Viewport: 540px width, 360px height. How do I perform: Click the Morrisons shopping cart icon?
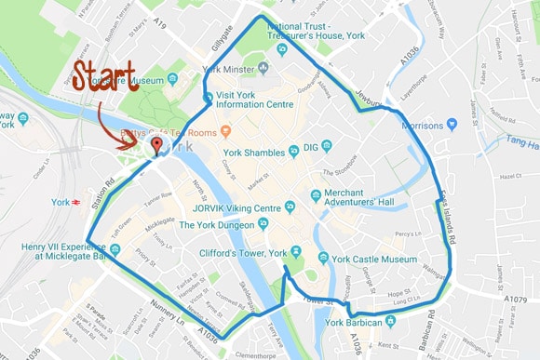click(x=452, y=124)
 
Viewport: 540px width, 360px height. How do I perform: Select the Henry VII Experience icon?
click(x=115, y=249)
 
